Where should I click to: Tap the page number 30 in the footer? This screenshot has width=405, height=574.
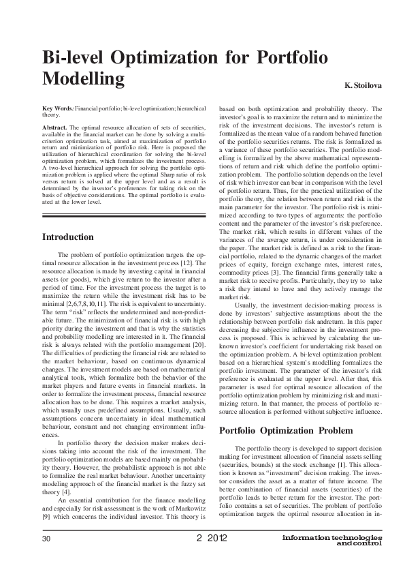pyautogui.click(x=46, y=539)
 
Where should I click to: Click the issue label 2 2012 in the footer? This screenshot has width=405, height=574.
pyautogui.click(x=211, y=539)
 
